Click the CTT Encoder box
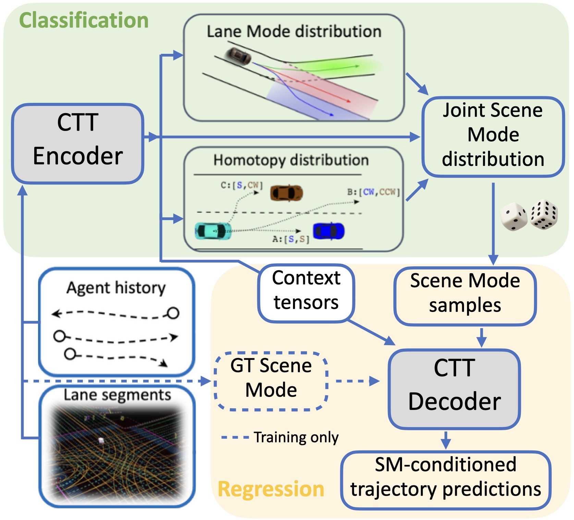[78, 144]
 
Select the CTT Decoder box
[454, 389]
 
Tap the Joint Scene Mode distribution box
[493, 137]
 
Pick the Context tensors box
[306, 293]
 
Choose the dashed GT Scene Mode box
[271, 381]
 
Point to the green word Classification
[84, 20]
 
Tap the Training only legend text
[296, 437]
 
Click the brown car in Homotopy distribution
[286, 193]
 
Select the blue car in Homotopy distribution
[328, 231]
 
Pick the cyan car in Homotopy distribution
[212, 231]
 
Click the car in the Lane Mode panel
[237, 56]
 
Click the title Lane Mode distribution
[294, 32]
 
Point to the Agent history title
[116, 288]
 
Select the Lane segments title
[117, 395]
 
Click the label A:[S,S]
[291, 239]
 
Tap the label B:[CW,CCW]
[374, 192]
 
